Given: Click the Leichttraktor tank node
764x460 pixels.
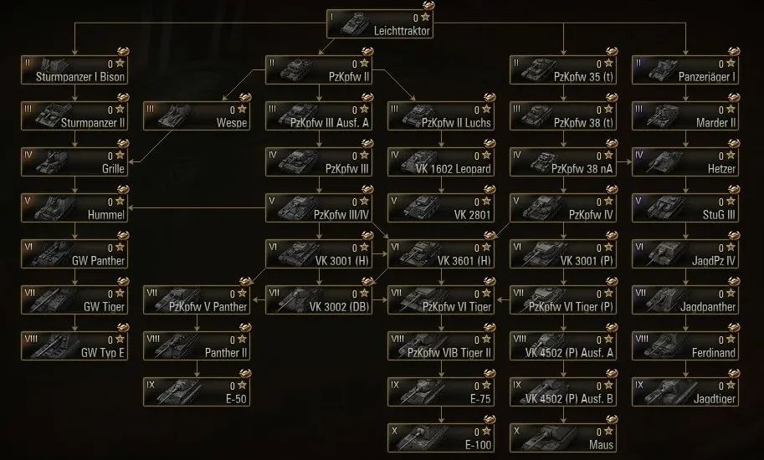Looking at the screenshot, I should pos(381,23).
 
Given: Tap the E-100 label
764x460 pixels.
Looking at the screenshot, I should pos(476,444).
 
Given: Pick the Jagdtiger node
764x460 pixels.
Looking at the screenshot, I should pos(686,391).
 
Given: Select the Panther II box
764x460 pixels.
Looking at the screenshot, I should pos(197,345).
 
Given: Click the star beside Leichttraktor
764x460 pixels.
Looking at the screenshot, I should pos(426,17).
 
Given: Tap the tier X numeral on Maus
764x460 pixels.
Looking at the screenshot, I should pos(517,429).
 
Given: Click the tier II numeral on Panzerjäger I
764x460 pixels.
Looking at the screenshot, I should pos(638,62).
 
